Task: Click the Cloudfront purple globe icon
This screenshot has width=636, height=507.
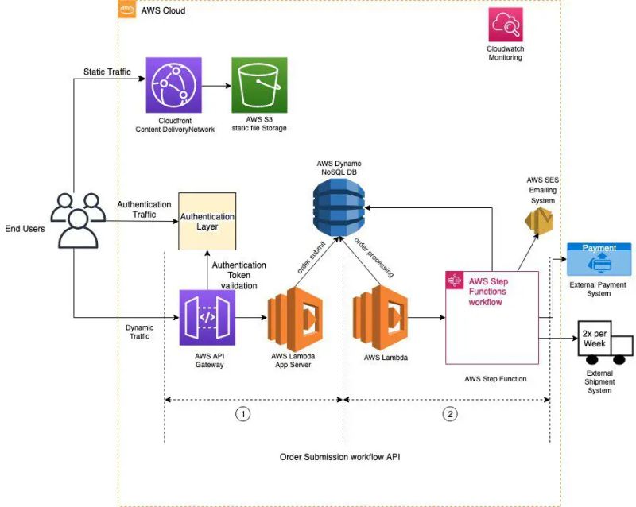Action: click(x=173, y=85)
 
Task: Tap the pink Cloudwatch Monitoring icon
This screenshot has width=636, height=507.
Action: click(x=506, y=25)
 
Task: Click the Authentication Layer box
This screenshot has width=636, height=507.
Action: click(x=207, y=221)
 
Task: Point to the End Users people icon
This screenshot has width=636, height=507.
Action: click(x=78, y=219)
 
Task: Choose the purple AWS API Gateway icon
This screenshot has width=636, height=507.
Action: click(x=207, y=318)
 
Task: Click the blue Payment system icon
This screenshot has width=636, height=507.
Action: click(x=599, y=259)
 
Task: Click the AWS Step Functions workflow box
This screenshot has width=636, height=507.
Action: click(x=492, y=316)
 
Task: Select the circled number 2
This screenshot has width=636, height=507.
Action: click(x=451, y=413)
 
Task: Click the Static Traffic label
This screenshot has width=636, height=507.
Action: click(x=107, y=72)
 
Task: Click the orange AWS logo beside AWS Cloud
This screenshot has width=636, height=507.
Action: click(x=126, y=10)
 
